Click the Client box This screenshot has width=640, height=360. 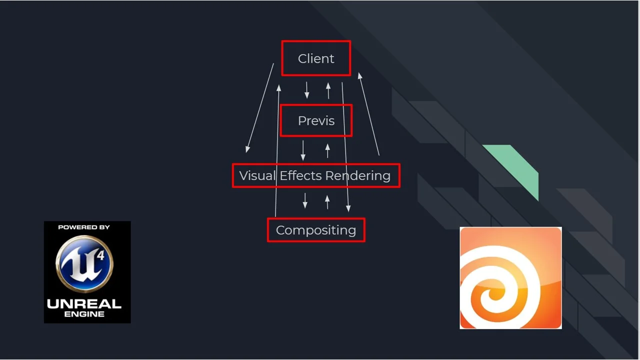click(316, 58)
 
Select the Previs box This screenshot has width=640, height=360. click(316, 120)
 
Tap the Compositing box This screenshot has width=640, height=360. click(316, 230)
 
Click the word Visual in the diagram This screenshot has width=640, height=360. click(257, 175)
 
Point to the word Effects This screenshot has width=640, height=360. click(300, 175)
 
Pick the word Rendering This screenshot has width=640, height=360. click(357, 175)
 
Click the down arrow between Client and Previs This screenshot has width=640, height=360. click(307, 90)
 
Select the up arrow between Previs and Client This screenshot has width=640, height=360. click(328, 90)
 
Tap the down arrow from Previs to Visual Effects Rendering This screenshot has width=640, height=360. click(303, 150)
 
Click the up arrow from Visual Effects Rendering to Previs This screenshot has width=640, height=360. click(327, 150)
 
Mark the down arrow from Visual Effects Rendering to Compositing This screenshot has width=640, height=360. click(305, 200)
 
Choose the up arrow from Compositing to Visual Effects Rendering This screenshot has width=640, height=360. click(327, 201)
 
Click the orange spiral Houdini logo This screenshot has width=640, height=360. click(510, 278)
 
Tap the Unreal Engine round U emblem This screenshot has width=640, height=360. click(84, 264)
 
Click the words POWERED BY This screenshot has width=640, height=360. click(84, 227)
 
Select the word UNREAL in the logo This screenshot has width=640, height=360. click(84, 303)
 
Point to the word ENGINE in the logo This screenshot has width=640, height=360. click(84, 314)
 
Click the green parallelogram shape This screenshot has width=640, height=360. click(515, 167)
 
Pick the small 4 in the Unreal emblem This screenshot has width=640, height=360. click(101, 255)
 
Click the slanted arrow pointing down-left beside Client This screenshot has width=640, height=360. click(259, 107)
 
